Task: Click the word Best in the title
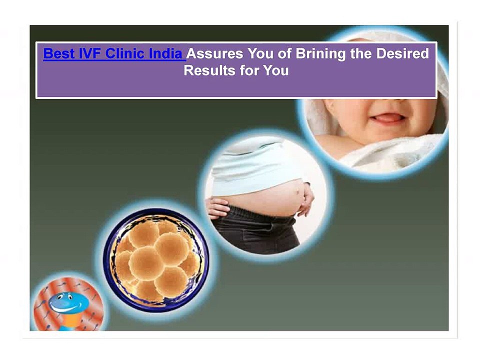(58, 53)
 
